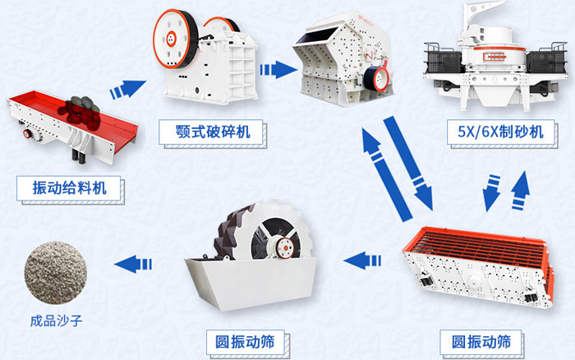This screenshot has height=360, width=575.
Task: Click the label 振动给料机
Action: tap(72, 187)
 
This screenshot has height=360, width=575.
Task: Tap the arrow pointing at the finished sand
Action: tap(134, 263)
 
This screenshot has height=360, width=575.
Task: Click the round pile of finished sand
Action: tap(57, 268)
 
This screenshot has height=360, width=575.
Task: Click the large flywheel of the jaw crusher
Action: tap(173, 39)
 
